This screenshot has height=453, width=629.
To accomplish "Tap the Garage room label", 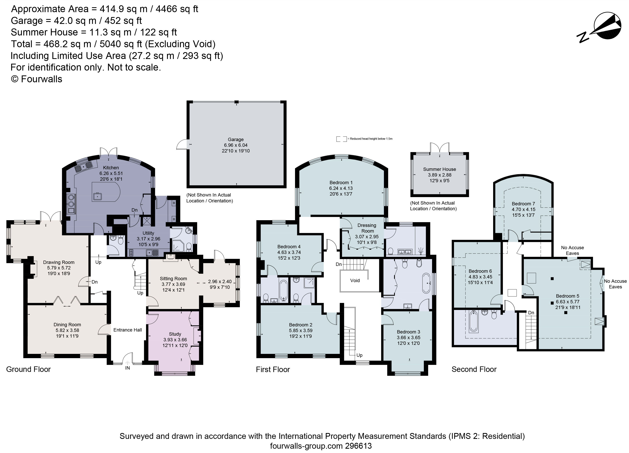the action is click(236, 139).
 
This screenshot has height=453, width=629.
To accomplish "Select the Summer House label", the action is click(439, 169).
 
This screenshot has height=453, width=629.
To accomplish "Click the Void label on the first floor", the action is click(355, 280).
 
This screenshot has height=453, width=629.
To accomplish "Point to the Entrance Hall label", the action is click(128, 330).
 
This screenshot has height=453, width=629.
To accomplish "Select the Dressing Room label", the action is click(367, 228).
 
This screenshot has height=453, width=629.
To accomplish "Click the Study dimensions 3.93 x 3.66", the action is click(175, 340).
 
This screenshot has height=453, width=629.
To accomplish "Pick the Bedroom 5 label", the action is click(568, 296).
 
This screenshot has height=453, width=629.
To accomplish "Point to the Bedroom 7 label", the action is click(523, 204).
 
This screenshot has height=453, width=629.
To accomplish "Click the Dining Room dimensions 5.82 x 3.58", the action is click(67, 330).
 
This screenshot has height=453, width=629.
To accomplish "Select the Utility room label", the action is click(148, 233).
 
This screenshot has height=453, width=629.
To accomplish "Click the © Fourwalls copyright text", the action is click(36, 79).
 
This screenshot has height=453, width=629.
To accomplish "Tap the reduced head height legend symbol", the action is click(341, 139).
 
